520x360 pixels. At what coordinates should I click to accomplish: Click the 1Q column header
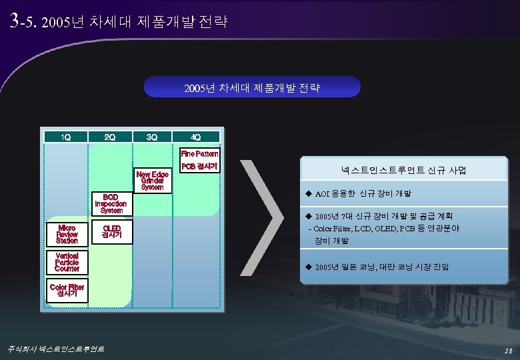(x=66, y=137)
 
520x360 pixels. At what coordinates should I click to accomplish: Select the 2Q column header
(x=110, y=137)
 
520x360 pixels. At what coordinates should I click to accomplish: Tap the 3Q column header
(x=153, y=137)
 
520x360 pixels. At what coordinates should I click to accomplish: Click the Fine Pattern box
(x=199, y=153)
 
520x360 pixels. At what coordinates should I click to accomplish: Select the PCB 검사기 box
(x=199, y=165)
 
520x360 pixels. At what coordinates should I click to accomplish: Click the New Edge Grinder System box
(x=152, y=181)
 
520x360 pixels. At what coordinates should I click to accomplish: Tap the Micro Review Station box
(x=67, y=234)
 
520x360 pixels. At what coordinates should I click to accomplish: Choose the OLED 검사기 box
(x=111, y=231)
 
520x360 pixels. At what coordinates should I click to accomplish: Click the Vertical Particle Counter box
(x=67, y=262)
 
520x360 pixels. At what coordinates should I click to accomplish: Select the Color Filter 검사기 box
(x=67, y=290)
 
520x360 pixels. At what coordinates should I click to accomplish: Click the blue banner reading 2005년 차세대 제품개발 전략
(x=253, y=87)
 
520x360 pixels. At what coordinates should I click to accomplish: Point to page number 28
(x=508, y=350)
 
